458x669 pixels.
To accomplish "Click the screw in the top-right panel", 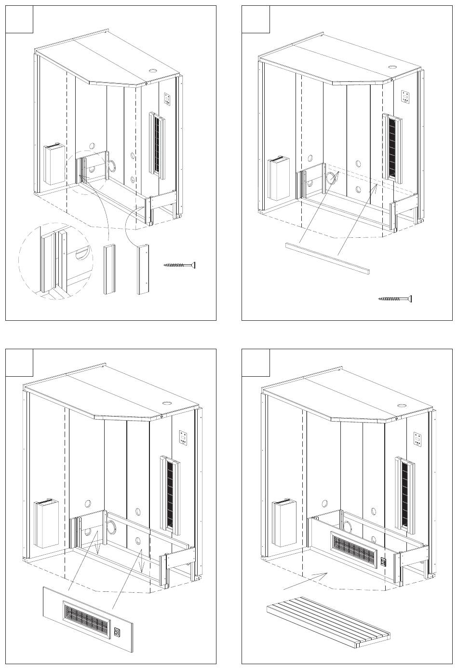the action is [395, 299].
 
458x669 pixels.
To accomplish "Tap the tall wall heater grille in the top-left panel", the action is [157, 143].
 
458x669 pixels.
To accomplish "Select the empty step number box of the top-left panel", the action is [19, 19].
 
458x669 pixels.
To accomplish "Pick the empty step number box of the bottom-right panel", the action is [256, 363].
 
